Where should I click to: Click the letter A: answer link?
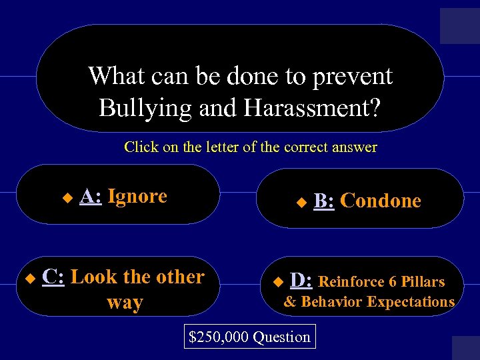(x=90, y=196)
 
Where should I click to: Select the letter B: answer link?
(x=324, y=201)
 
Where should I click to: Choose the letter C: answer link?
(x=53, y=276)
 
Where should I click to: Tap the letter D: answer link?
(x=301, y=281)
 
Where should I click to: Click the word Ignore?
(x=137, y=196)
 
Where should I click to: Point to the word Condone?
(x=381, y=201)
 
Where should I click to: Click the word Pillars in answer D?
(x=423, y=282)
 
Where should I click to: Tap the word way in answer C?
(x=125, y=303)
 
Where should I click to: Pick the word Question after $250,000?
(x=281, y=337)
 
